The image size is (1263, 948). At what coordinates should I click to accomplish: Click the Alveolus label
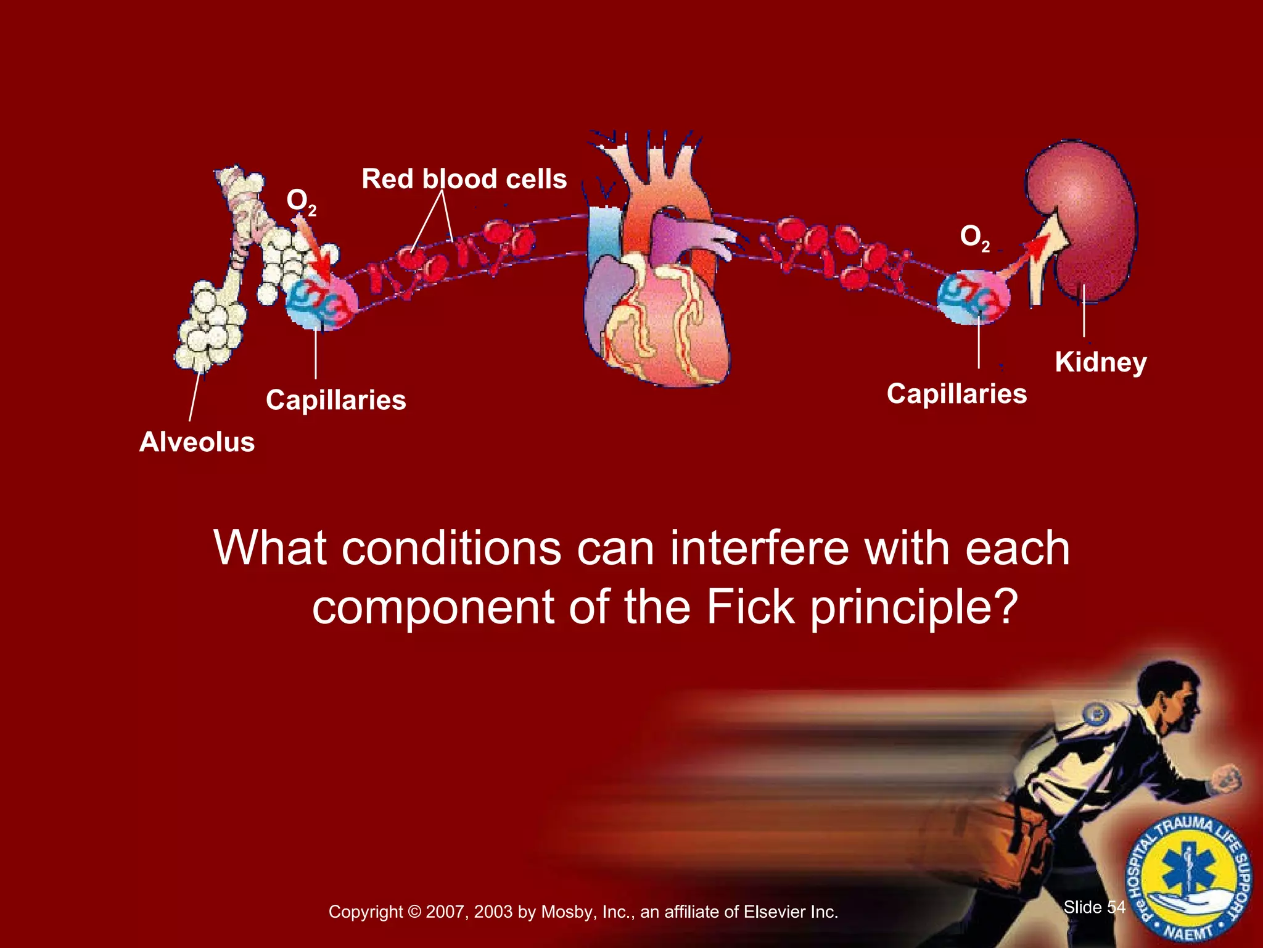pos(197,442)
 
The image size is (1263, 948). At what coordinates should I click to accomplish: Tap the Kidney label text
pos(1101,362)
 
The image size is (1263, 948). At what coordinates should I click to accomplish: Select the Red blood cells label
pos(464,179)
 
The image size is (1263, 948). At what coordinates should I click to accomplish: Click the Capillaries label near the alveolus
pos(336,400)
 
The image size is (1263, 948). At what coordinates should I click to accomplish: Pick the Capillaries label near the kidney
pos(957,394)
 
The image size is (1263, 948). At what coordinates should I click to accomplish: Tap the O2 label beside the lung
pos(301,202)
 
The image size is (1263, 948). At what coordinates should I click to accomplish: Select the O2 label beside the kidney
pos(974,238)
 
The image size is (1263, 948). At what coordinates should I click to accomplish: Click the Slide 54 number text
pos(1094,907)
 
